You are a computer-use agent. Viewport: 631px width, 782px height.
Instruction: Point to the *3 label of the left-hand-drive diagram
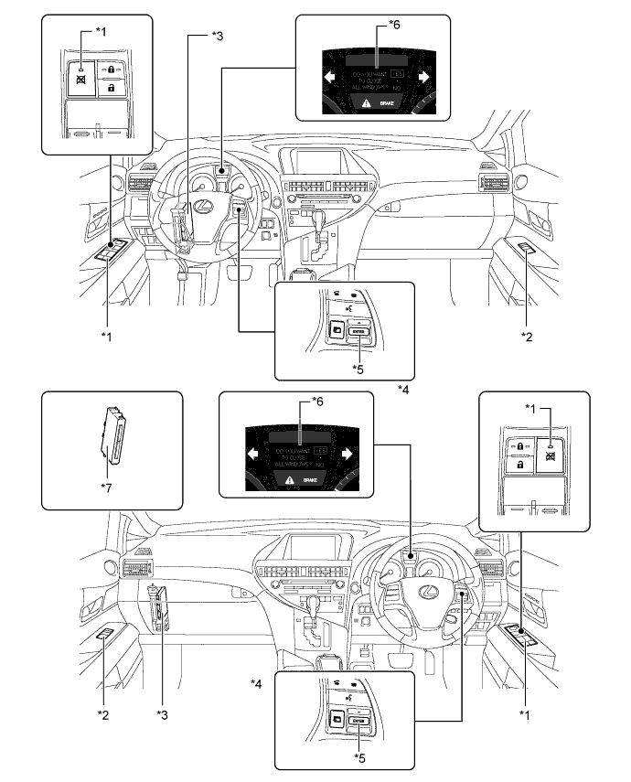coord(216,36)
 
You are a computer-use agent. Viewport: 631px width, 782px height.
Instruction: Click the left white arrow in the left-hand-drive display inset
coord(327,79)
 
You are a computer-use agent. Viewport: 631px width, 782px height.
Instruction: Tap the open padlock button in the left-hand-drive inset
coord(111,88)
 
